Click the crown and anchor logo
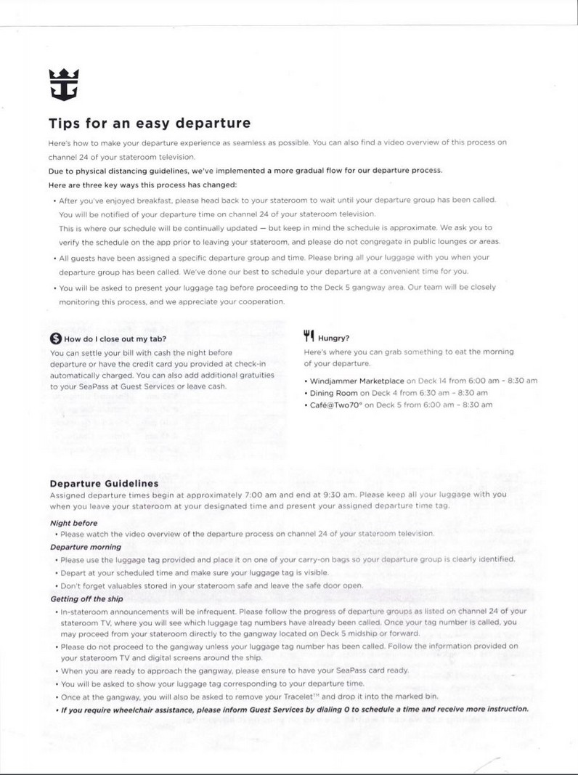(63, 85)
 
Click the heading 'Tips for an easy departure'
(150, 123)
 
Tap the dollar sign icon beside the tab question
(55, 338)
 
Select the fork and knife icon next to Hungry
(309, 336)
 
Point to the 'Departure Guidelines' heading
(104, 483)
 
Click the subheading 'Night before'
(73, 522)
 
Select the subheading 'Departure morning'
(85, 547)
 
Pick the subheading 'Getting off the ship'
(86, 599)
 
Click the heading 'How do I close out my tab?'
(115, 339)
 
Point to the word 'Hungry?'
(334, 338)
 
